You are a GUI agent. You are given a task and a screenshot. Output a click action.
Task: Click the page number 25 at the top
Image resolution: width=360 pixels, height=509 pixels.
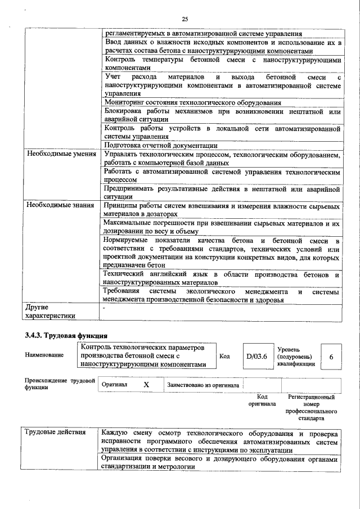tap(185, 19)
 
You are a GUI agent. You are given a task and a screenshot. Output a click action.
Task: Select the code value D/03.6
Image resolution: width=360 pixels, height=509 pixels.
tap(256, 356)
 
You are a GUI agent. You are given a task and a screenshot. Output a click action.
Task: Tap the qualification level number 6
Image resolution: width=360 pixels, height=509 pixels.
tap(331, 357)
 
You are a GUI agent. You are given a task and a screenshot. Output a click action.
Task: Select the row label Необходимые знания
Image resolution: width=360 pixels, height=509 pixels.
tap(59, 205)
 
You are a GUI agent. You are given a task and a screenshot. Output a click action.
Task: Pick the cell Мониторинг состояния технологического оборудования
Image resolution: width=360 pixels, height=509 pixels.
tap(193, 102)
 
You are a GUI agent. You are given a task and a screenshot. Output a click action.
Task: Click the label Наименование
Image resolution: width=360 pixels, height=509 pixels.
tap(44, 355)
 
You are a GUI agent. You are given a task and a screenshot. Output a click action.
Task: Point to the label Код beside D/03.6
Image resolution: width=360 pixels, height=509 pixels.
tap(224, 356)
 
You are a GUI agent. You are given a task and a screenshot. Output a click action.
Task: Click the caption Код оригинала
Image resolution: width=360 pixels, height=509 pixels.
tap(262, 400)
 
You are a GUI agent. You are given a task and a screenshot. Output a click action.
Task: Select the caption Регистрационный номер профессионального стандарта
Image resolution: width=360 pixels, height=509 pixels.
tap(311, 408)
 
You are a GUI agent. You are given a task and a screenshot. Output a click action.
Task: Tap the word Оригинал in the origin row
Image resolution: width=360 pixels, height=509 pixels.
tap(114, 385)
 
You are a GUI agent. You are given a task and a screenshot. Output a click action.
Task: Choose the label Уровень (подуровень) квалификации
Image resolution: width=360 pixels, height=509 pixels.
tap(296, 357)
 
